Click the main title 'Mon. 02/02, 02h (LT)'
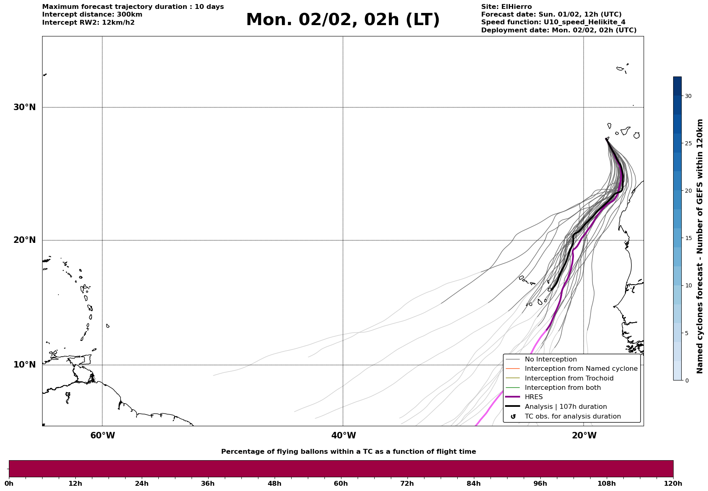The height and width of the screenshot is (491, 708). pos(343,20)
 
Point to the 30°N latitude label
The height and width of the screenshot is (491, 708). pos(25,107)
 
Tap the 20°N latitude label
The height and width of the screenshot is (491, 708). pos(25,240)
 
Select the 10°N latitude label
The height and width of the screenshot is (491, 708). pos(25,365)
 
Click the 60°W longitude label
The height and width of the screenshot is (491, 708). pos(102,436)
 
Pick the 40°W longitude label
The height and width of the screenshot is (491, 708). pos(343,436)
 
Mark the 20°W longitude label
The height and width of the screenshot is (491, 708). pos(584,436)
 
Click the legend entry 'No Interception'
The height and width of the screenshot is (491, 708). pos(550,359)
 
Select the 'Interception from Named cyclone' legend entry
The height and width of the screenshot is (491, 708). pos(581,369)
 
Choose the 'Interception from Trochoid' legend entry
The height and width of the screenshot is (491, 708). pos(569,378)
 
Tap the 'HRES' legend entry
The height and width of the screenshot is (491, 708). pos(533,397)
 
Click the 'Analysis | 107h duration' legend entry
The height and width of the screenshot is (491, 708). pos(565,407)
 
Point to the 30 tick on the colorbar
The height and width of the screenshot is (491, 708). pos(688,96)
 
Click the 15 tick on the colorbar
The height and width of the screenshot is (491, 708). pos(688,238)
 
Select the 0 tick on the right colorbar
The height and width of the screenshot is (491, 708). pos(687,380)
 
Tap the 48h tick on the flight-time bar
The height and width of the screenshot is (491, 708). pos(274,483)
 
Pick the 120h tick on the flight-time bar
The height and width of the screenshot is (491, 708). pos(673,483)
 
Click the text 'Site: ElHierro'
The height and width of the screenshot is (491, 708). pos(506,7)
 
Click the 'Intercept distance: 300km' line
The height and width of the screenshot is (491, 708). pos(92,15)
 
